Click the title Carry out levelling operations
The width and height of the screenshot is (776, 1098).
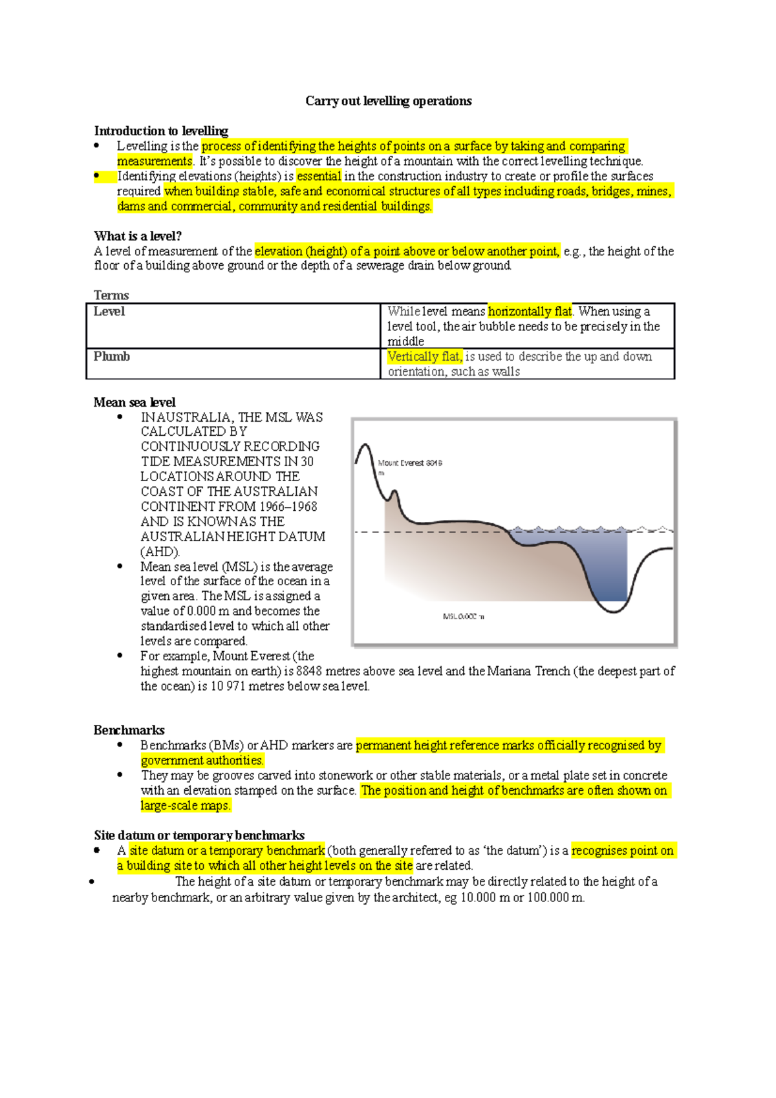(388, 101)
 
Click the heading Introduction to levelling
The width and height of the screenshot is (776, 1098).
(161, 131)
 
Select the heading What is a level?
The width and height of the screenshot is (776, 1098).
(138, 236)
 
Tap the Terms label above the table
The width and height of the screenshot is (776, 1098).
(111, 296)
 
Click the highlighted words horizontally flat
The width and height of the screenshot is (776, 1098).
(530, 312)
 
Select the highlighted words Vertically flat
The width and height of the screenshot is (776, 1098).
(424, 356)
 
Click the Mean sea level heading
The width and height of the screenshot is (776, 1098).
(135, 402)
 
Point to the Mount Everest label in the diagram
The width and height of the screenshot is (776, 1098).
(409, 463)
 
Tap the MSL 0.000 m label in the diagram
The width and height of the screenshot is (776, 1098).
(463, 616)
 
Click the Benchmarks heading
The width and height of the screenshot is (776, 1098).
(129, 730)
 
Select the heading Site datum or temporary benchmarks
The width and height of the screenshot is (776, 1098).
(199, 835)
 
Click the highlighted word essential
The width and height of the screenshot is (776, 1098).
(319, 176)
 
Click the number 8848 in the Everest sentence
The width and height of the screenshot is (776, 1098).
(309, 671)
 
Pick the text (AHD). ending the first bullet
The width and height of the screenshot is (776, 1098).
(160, 552)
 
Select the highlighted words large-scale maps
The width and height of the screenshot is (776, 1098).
(186, 806)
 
